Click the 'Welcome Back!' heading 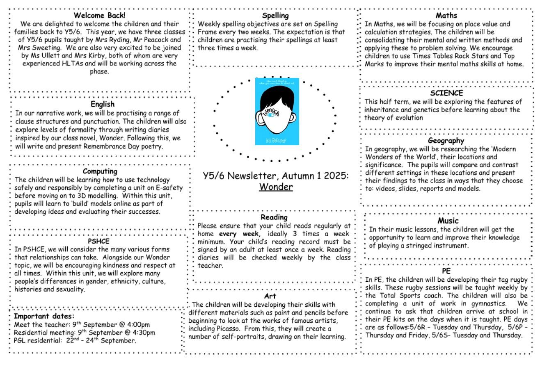click(100, 16)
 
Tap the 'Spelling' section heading click(275, 16)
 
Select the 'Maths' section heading click(446, 16)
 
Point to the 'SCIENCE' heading click(446, 93)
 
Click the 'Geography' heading click(446, 141)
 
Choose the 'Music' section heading click(448, 221)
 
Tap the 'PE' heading click(446, 271)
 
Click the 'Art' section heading click(270, 296)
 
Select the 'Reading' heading click(274, 217)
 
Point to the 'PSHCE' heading click(99, 241)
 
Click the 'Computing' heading click(100, 171)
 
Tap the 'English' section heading click(103, 104)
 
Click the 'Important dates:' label click(44, 316)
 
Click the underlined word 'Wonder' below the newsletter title click(276, 187)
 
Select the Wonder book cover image click(277, 111)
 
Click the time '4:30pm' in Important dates click(142, 333)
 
